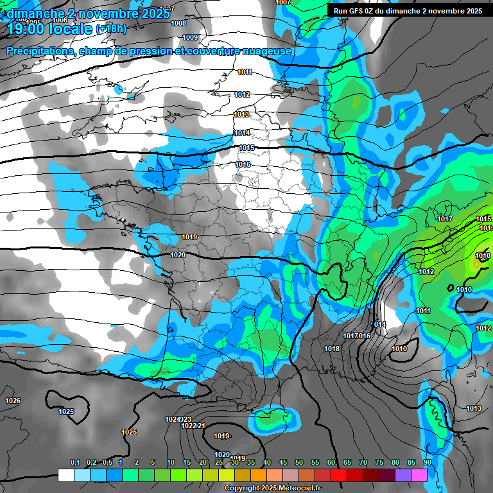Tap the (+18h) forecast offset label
(111, 29)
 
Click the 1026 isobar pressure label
(13, 401)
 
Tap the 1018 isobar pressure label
(332, 349)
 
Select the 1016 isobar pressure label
(243, 165)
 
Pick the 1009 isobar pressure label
(190, 37)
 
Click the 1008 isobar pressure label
(179, 23)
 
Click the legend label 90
(427, 462)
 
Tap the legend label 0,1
(75, 462)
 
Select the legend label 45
(283, 462)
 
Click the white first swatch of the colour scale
(65, 476)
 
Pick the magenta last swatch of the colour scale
(419, 476)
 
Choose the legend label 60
(331, 462)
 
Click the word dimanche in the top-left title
(38, 13)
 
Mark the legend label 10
(171, 462)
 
